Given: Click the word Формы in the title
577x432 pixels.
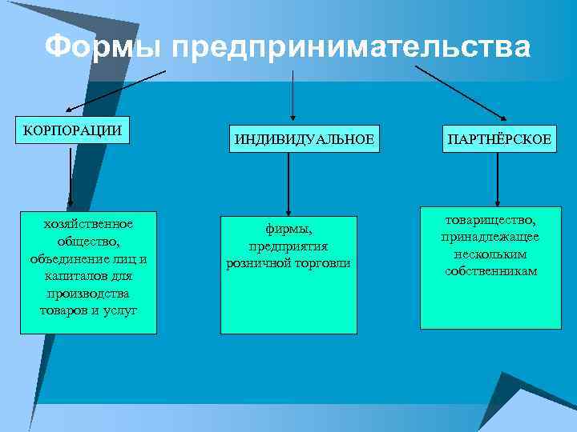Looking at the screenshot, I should [x=103, y=47].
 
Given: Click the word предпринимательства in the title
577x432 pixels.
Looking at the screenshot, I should [x=350, y=47].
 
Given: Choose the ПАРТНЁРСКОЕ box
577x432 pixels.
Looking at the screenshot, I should [x=498, y=139].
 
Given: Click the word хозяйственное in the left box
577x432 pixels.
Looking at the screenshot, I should [x=88, y=224].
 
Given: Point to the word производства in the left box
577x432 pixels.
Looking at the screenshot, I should [x=88, y=293].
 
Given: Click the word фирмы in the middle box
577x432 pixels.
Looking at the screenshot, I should [x=288, y=229].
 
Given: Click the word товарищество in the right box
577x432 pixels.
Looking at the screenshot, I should [x=490, y=219].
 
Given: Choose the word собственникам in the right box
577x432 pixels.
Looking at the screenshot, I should [x=490, y=271].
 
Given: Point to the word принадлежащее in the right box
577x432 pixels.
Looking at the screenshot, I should [x=490, y=237].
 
